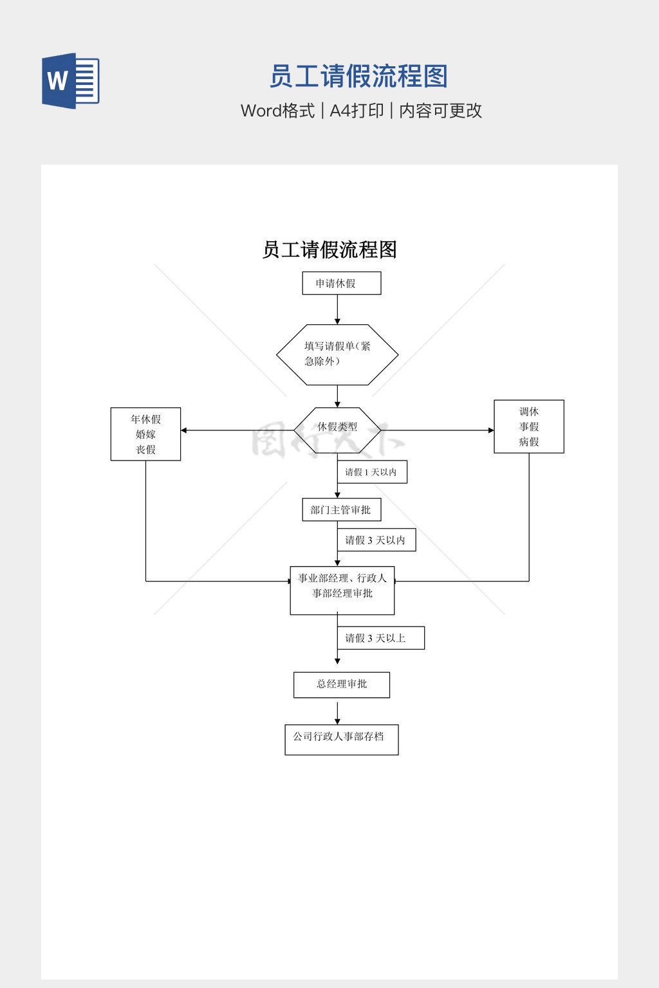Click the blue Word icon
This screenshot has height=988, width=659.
(71, 81)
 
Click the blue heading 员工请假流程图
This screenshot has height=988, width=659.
(358, 77)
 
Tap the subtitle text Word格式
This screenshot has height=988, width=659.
(277, 111)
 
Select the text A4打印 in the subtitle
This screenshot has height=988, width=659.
(357, 111)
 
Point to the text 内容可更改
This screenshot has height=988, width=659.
(440, 111)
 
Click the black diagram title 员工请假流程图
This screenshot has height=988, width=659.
(329, 250)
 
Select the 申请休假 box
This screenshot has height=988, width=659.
(342, 283)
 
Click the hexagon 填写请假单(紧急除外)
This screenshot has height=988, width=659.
(337, 354)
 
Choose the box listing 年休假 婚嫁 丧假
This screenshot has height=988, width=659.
(145, 434)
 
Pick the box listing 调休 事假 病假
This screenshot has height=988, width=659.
(529, 426)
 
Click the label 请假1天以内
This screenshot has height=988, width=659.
(372, 472)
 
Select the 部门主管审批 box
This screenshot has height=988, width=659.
(342, 510)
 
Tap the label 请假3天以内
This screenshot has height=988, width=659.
(376, 540)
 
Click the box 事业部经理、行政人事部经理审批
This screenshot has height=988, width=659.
(342, 590)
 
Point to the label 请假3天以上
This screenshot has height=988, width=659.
(380, 638)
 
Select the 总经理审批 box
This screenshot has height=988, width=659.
(342, 684)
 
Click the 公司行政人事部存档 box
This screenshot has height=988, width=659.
(342, 740)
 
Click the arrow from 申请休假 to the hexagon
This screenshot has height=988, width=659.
(337, 309)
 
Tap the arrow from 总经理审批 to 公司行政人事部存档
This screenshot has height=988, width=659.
(337, 711)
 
